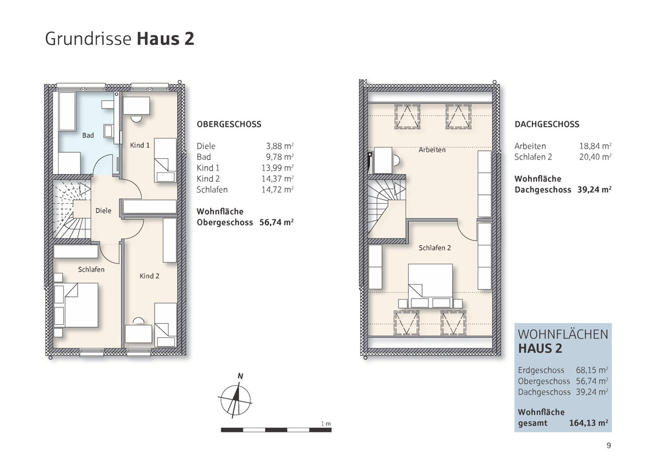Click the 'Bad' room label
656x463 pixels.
[x=88, y=135]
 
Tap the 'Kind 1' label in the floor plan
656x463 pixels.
[x=140, y=145]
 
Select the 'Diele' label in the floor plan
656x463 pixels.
[x=103, y=211]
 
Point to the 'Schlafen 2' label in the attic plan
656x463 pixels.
[x=435, y=248]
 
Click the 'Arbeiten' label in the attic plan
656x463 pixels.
[x=432, y=150]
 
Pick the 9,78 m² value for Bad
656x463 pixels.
[x=280, y=157]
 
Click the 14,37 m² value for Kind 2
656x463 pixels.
[x=278, y=179]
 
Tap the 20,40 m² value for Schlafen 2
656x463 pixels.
[x=595, y=157]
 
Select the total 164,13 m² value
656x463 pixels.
[x=588, y=423]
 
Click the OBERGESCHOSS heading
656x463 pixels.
[x=229, y=124]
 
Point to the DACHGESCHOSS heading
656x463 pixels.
[x=547, y=124]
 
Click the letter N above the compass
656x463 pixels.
[x=241, y=376]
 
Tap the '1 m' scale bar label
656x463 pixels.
[x=326, y=424]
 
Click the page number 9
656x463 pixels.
[x=609, y=446]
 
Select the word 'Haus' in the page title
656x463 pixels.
[x=158, y=39]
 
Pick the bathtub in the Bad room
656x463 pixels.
[x=67, y=111]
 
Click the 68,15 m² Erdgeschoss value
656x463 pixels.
[x=592, y=370]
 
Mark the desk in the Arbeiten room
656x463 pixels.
[x=383, y=161]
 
